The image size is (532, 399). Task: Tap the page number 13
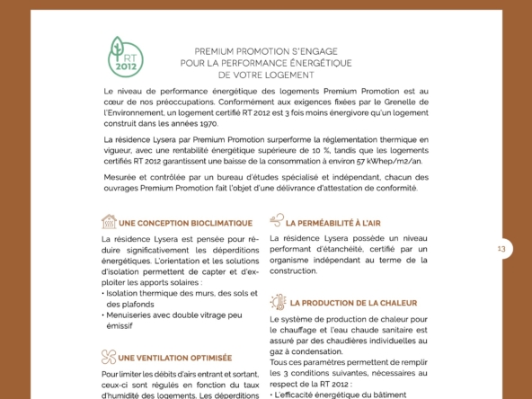[501, 249]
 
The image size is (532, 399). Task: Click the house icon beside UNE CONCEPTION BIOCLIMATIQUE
[109, 219]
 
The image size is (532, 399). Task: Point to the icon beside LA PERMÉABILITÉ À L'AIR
[276, 219]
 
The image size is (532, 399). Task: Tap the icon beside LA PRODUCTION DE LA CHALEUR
[278, 303]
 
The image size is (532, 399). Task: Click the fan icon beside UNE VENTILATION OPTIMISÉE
[109, 356]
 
